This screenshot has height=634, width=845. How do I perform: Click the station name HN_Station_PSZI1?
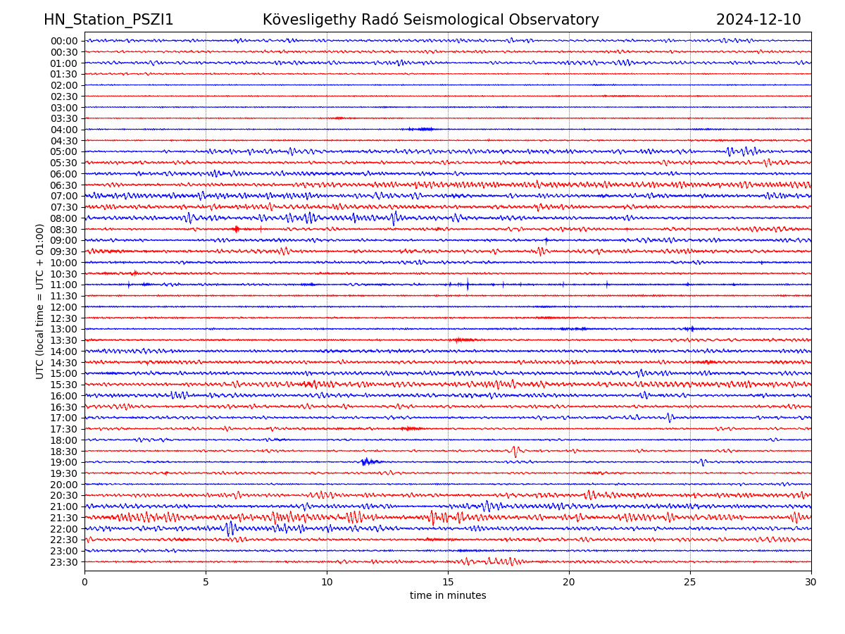[x=108, y=20]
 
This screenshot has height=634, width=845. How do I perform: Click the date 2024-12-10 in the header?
[x=758, y=20]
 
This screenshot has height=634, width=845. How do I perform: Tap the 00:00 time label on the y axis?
[x=64, y=41]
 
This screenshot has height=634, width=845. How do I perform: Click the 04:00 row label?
[x=64, y=130]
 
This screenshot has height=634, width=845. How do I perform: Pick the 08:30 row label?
[x=64, y=230]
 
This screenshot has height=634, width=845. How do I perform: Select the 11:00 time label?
[x=64, y=285]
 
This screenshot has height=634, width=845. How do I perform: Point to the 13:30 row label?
[x=64, y=340]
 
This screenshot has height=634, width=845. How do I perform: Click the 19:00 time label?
[x=64, y=462]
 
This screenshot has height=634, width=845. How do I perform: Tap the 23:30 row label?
[x=64, y=562]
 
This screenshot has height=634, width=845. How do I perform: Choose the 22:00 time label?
[x=64, y=529]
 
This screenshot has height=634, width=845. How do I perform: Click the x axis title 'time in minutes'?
[x=448, y=596]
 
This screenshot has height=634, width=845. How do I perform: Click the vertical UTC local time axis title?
[x=40, y=301]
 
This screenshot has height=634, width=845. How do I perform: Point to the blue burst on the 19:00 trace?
[x=368, y=462]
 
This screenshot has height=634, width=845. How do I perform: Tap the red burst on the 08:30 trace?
[x=237, y=229]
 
